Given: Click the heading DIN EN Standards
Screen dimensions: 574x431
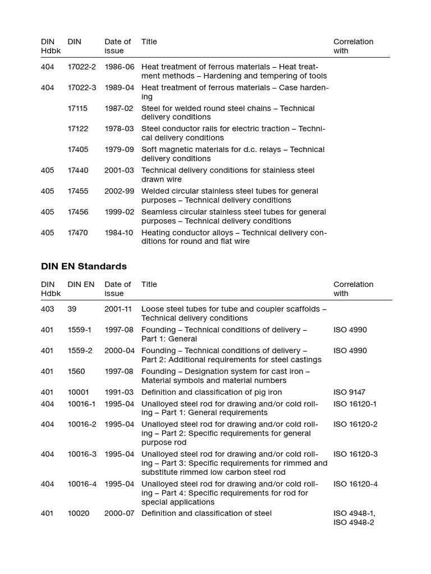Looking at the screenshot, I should point(84,266).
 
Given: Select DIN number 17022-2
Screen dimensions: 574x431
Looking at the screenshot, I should point(82,67).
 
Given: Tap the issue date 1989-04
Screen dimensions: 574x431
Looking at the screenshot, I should point(119,87).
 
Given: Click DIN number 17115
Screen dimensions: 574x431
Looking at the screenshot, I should point(78,108).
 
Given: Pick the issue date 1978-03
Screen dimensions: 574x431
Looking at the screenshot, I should point(119,129).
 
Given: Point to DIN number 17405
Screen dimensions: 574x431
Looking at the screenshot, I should point(78,150).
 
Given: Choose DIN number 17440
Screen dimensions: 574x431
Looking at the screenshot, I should point(78,170).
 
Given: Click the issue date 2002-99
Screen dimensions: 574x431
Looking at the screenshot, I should point(119,191).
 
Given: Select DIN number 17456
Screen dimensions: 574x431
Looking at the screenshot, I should point(78,212).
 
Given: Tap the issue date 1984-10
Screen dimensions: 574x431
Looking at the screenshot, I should point(119,233).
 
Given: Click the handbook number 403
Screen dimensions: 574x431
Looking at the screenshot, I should point(48,309).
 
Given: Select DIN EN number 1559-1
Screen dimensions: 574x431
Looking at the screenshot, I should point(80,330).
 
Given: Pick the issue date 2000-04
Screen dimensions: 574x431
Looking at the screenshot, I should point(119,350).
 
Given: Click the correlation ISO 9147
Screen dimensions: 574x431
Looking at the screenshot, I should point(350,392).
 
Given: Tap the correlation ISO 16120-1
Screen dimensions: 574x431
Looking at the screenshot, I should point(355,404).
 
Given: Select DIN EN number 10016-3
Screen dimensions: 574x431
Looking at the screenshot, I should point(82,454).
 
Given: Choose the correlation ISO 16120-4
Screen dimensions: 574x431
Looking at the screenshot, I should point(355,484).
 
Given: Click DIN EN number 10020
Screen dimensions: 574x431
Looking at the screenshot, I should point(79,513).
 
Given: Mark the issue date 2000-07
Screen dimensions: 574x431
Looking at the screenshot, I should point(119,513).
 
